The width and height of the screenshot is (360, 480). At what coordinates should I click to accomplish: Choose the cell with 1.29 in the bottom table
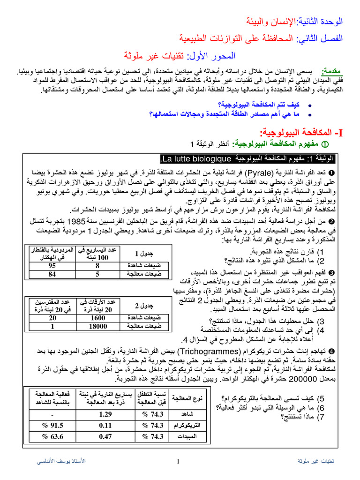[x=106, y=414]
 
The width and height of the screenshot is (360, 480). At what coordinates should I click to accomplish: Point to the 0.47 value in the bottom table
[x=106, y=437]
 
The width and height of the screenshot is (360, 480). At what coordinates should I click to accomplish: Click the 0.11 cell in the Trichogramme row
[x=106, y=426]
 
